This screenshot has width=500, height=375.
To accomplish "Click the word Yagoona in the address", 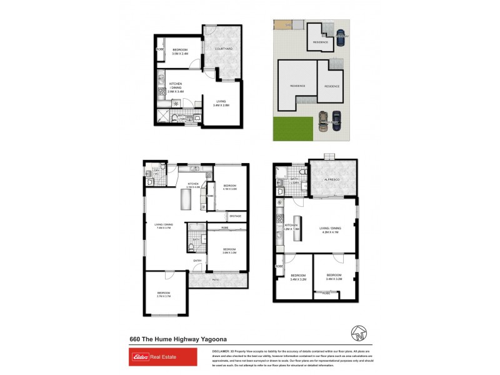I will (210, 339).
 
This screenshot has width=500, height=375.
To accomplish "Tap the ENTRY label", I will (197, 261).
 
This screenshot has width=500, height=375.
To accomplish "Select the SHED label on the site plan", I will (288, 24).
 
